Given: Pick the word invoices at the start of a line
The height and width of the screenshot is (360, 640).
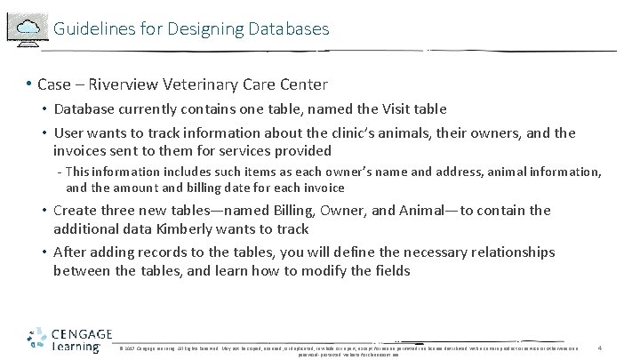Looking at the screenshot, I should pyautogui.click(x=81, y=151).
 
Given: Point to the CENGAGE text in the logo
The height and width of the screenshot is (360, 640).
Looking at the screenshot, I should pyautogui.click(x=80, y=333).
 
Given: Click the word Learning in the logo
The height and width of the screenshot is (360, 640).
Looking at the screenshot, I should pyautogui.click(x=78, y=348).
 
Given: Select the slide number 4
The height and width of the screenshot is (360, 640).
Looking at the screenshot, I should pyautogui.click(x=601, y=346).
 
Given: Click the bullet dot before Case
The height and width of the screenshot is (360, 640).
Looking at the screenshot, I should pyautogui.click(x=29, y=85).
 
